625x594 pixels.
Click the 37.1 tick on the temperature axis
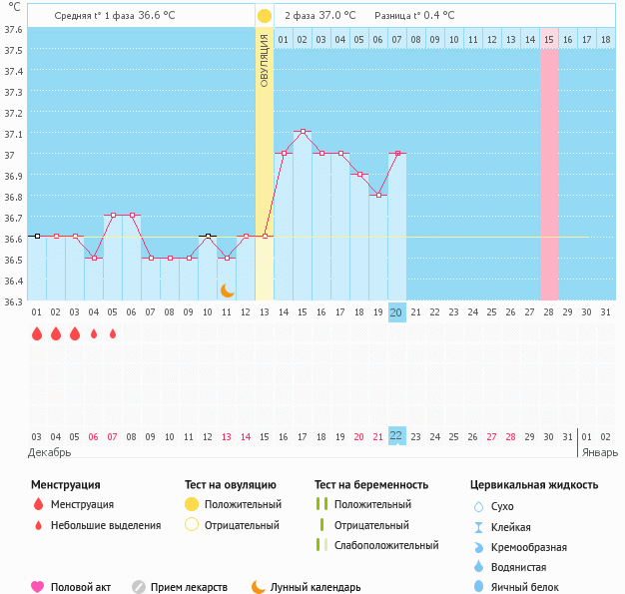(14, 134)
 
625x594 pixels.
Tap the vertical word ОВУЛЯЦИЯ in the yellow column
(264, 60)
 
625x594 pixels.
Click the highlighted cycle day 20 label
(396, 312)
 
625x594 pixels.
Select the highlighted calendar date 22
(396, 436)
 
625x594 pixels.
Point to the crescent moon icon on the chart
(227, 290)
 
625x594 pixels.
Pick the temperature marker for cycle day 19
(377, 196)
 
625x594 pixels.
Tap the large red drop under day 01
(36, 334)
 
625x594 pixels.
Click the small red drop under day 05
(112, 334)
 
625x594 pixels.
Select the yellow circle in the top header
(264, 16)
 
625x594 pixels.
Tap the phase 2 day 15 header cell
(549, 39)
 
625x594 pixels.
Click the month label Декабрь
(50, 452)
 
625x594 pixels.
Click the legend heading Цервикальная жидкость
(534, 485)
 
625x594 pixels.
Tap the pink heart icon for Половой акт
(38, 588)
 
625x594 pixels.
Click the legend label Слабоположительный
(386, 545)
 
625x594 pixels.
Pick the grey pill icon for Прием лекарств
(139, 588)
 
